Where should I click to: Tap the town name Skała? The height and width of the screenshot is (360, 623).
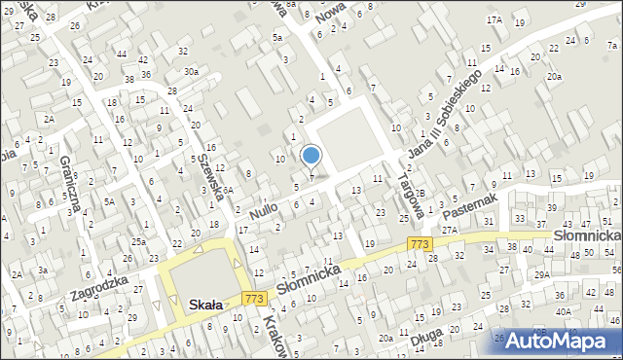(202, 305)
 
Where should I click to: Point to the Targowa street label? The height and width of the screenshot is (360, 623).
(408, 181)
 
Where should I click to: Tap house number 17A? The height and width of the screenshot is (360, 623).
(495, 19)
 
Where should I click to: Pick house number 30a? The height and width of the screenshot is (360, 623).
(192, 71)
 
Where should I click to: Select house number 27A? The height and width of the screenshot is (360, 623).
(449, 231)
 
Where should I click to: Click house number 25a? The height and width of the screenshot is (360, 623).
(139, 241)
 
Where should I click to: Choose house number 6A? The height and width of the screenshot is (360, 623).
(225, 191)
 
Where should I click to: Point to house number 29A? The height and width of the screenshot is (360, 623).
(541, 275)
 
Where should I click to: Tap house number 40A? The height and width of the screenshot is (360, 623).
(564, 311)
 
